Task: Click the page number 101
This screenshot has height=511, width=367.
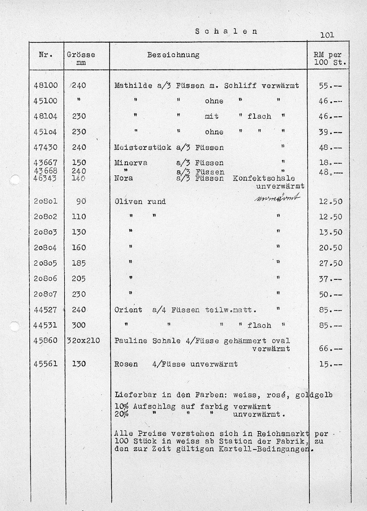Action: tap(327, 35)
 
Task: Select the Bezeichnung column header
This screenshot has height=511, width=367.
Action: tap(173, 55)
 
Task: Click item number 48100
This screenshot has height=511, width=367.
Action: tap(46, 85)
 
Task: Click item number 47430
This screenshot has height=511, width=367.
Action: tap(46, 147)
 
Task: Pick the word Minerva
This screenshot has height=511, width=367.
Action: tap(130, 163)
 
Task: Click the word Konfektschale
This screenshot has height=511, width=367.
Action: tap(264, 178)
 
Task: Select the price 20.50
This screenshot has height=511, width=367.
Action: tap(330, 248)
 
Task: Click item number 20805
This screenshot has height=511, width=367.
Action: tap(46, 263)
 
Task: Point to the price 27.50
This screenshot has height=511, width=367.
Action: tap(330, 263)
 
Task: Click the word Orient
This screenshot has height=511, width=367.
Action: tap(128, 310)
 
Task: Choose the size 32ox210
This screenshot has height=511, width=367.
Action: tap(84, 340)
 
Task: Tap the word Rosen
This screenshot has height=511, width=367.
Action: tap(126, 364)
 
